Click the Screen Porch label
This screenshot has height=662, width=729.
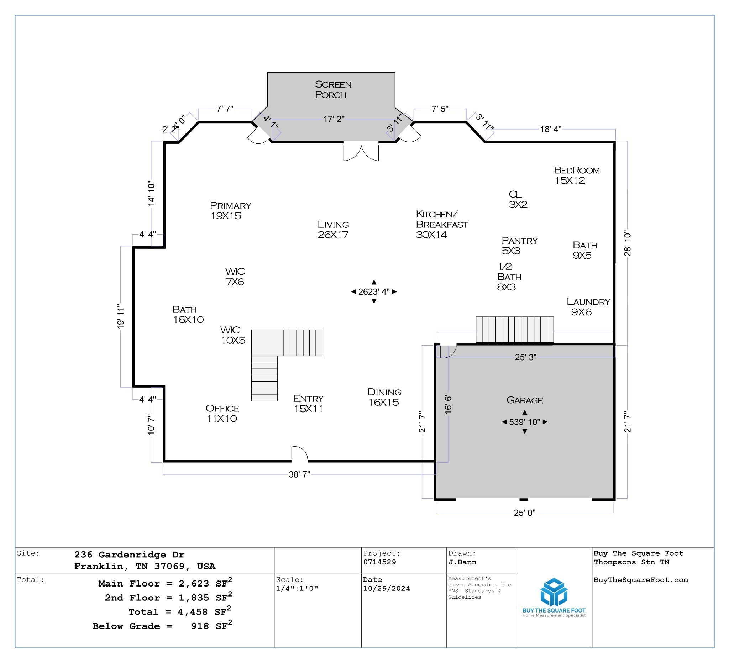pos(333,89)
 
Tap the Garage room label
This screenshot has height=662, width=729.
pos(524,400)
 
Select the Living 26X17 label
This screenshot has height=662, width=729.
pos(333,229)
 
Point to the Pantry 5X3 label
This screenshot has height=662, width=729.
pos(519,246)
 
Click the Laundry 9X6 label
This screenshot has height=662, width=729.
pos(588,306)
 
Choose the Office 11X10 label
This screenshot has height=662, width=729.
pos(222,413)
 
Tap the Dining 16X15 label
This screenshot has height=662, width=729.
pos(384,397)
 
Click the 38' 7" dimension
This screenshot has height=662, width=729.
pos(299,474)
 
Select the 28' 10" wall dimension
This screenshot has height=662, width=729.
pos(628,245)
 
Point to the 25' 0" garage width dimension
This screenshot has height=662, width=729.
pos(524,513)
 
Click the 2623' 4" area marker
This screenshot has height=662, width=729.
pos(374,292)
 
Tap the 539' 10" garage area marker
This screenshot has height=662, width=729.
pos(524,422)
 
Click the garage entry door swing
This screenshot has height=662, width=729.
pos(448,351)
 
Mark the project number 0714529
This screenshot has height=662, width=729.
pos(379,562)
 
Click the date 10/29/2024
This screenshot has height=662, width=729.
pos(386,588)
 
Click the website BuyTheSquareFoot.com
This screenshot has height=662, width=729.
pos(640,580)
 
